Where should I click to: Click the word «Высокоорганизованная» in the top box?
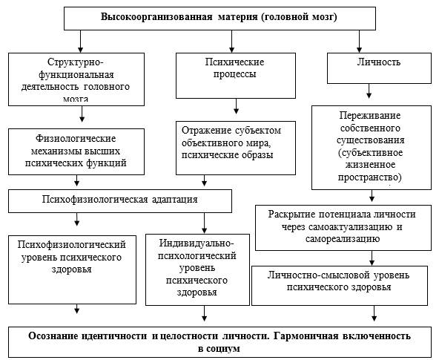click(x=156, y=17)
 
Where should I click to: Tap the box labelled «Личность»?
click(x=379, y=68)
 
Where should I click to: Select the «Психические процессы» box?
click(x=236, y=76)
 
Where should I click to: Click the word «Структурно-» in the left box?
click(x=76, y=62)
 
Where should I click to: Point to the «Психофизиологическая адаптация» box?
click(x=120, y=201)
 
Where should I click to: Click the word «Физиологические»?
click(x=76, y=138)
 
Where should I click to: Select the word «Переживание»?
click(x=370, y=116)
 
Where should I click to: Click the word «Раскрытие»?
click(x=292, y=215)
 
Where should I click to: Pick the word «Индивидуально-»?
click(x=196, y=243)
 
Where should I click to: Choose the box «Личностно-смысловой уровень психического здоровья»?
click(x=340, y=286)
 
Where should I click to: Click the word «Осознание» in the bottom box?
click(x=53, y=336)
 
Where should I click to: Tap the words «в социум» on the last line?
click(x=219, y=349)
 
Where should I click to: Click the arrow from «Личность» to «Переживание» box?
click(x=369, y=91)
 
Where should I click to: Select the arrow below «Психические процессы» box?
click(x=236, y=106)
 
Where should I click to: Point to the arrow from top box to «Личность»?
click(x=359, y=41)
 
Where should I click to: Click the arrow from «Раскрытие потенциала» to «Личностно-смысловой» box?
click(x=372, y=258)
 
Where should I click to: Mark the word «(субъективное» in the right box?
click(x=370, y=153)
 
